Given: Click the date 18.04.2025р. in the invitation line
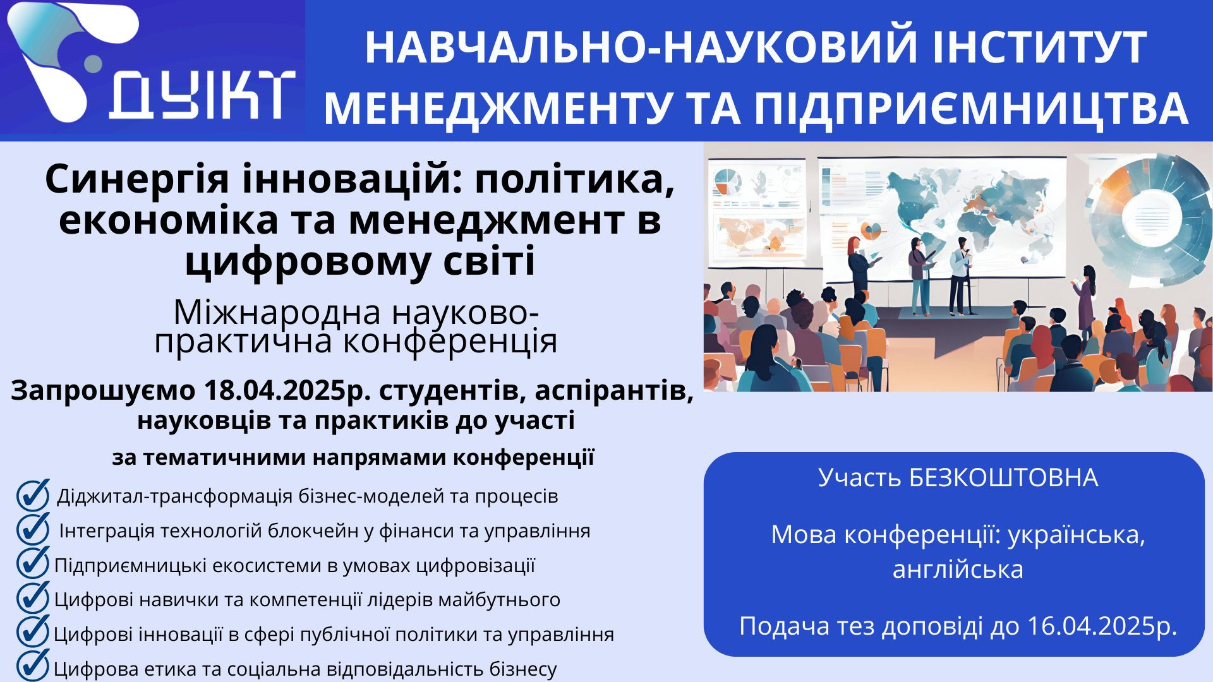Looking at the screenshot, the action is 288,391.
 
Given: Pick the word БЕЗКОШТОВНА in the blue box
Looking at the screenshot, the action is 1004,478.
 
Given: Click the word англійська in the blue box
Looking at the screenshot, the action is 958,570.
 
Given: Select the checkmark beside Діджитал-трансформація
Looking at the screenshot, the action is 33,494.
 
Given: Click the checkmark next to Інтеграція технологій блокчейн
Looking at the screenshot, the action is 33,529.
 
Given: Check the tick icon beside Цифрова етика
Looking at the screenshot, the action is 33,665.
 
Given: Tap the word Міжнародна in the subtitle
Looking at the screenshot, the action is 277,312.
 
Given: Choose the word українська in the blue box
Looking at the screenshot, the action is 1077,535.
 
